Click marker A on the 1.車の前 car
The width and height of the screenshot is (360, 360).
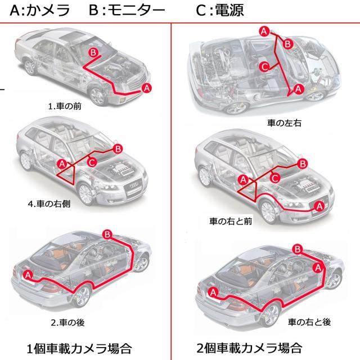pyautogui.click(x=147, y=88)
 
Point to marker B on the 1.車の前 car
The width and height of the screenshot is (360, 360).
pyautogui.click(x=94, y=52)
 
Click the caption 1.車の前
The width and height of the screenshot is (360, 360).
pyautogui.click(x=65, y=105)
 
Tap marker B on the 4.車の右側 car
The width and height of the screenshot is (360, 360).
pyautogui.click(x=118, y=148)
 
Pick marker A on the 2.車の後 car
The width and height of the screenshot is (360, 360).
pyautogui.click(x=28, y=274)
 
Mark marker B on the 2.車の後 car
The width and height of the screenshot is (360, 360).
pyautogui.click(x=107, y=234)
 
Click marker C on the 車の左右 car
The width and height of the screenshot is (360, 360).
pyautogui.click(x=265, y=67)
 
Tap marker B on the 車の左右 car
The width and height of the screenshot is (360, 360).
pyautogui.click(x=287, y=43)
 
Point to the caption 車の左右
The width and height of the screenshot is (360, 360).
pyautogui.click(x=285, y=121)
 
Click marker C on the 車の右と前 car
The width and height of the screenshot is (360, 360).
pyautogui.click(x=275, y=178)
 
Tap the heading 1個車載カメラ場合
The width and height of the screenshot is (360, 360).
pyautogui.click(x=79, y=347)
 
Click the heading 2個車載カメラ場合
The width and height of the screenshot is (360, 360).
pyautogui.click(x=250, y=346)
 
